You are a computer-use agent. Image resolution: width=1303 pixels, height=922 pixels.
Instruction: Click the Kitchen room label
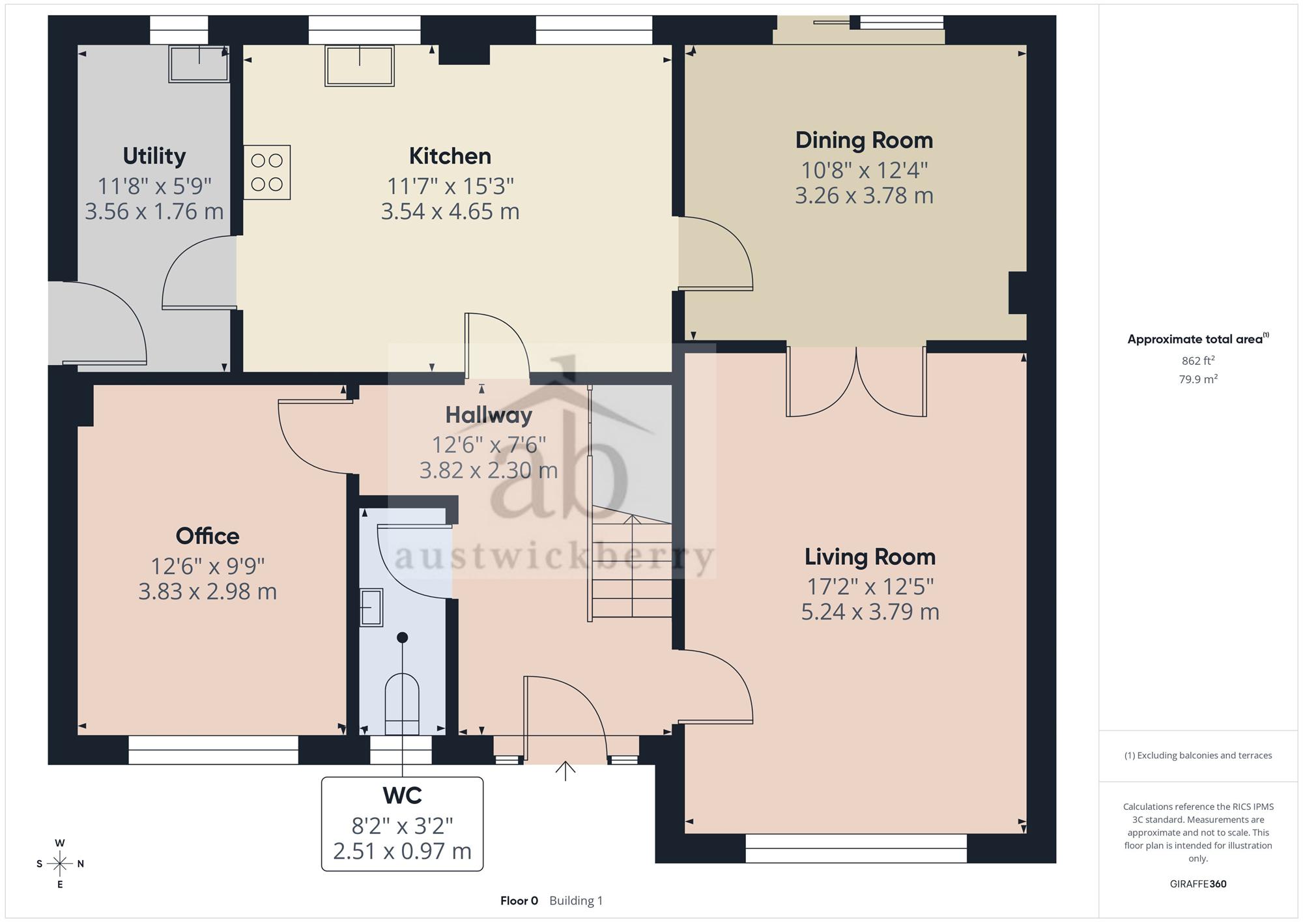click(x=450, y=156)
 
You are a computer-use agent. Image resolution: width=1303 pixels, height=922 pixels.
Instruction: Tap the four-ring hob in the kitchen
click(x=267, y=172)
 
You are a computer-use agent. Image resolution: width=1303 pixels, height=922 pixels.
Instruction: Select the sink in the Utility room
click(x=199, y=63)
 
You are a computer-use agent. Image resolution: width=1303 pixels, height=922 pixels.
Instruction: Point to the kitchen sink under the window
click(x=360, y=65)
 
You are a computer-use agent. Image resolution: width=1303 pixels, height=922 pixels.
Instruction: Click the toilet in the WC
click(x=402, y=704)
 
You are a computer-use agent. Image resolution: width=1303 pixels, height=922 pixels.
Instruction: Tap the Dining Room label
click(x=864, y=140)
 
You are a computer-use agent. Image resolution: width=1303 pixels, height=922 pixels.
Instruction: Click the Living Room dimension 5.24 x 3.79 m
click(x=870, y=612)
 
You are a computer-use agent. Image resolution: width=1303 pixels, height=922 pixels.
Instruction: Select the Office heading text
click(x=207, y=536)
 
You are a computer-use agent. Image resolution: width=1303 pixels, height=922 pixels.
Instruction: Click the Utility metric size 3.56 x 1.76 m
click(x=154, y=211)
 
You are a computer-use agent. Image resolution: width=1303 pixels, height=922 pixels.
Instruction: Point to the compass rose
click(x=60, y=864)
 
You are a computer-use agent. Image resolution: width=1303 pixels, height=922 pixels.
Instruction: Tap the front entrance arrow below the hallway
click(x=566, y=771)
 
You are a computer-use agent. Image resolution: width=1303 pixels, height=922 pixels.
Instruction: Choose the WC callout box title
click(x=402, y=796)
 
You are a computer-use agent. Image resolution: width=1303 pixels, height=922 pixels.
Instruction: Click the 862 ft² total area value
click(x=1198, y=360)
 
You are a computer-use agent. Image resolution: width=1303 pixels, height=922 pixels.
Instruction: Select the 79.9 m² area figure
click(x=1198, y=379)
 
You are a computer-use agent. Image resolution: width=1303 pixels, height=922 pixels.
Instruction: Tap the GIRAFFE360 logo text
click(x=1198, y=884)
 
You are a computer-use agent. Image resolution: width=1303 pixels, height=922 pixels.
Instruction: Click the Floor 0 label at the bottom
click(x=519, y=900)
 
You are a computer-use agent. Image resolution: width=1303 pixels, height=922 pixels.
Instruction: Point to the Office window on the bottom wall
click(x=213, y=750)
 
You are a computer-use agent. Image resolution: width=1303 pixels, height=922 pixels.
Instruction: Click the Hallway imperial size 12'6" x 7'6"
click(x=489, y=444)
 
